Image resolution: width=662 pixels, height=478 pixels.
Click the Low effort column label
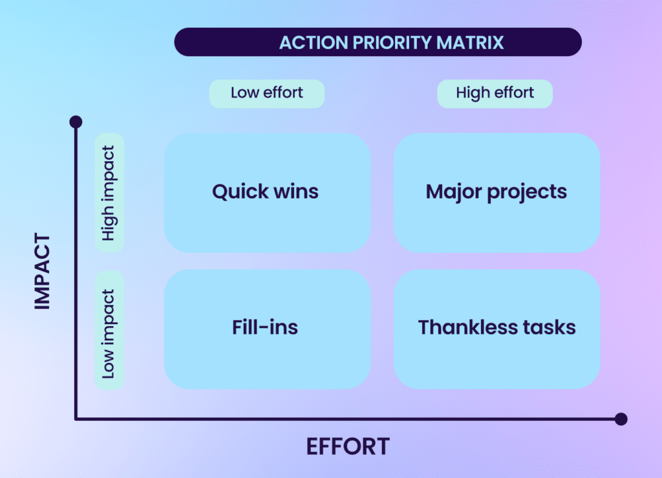[x=266, y=93]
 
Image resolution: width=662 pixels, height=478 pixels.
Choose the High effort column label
[x=495, y=93]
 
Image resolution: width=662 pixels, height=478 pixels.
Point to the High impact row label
[x=109, y=193]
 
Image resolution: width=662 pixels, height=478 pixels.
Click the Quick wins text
[x=265, y=191]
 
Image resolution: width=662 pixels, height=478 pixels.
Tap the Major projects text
[x=496, y=191]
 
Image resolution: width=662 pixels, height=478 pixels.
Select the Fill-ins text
[x=265, y=327]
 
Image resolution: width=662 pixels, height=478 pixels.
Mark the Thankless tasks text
[x=496, y=327]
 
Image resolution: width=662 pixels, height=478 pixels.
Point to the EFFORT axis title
[x=348, y=446]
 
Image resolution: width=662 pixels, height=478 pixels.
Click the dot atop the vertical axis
[x=76, y=122]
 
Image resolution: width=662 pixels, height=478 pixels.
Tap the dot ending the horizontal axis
[x=621, y=419]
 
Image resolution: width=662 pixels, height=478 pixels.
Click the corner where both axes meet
[x=76, y=419]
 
